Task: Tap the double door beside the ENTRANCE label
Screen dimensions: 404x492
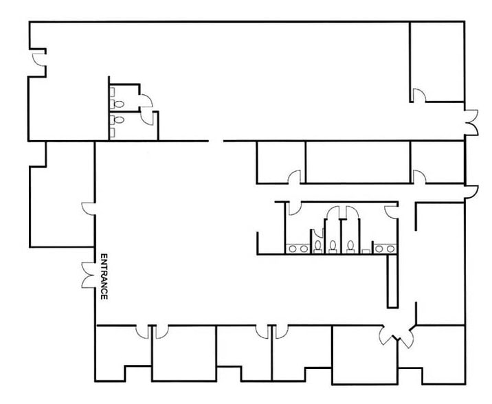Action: [x=87, y=275]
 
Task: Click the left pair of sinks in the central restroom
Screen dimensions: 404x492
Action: [x=298, y=246]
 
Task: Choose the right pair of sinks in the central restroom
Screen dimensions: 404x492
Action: [x=383, y=247]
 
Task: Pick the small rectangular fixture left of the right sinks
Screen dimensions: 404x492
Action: [x=366, y=251]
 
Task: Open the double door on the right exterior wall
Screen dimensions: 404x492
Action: [x=471, y=122]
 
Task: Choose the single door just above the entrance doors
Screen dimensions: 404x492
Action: [x=88, y=208]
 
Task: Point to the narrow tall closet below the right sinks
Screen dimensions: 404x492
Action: [x=392, y=281]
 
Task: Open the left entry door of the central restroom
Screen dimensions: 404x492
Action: [x=293, y=206]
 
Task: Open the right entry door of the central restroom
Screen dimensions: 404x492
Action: [x=392, y=208]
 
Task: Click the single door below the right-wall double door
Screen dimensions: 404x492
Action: [x=471, y=191]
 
